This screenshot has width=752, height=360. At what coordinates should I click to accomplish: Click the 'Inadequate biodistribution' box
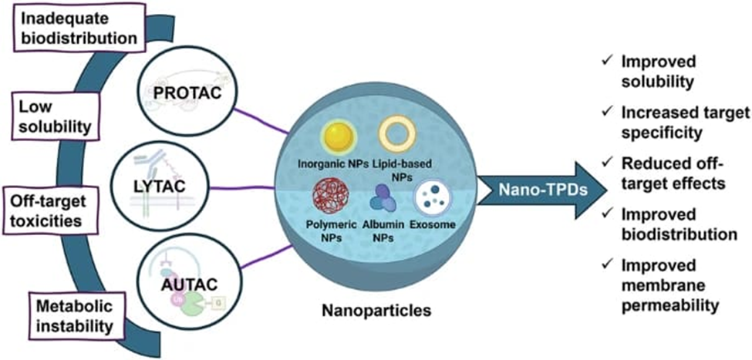[x=73, y=25]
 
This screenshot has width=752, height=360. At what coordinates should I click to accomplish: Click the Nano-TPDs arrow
[x=524, y=187]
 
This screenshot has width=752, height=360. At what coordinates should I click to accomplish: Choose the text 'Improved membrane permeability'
[x=669, y=284]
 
